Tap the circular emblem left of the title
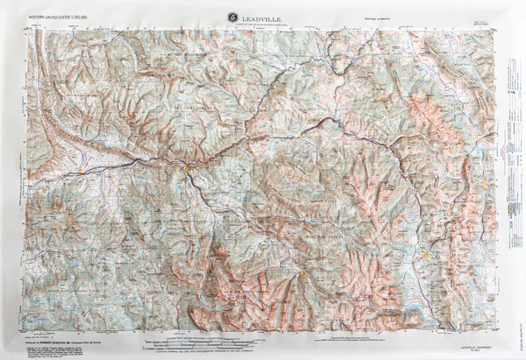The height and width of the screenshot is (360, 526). (x=231, y=14)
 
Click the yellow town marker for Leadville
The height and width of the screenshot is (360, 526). (x=426, y=255)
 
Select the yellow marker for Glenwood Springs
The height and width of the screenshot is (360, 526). (x=187, y=163)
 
